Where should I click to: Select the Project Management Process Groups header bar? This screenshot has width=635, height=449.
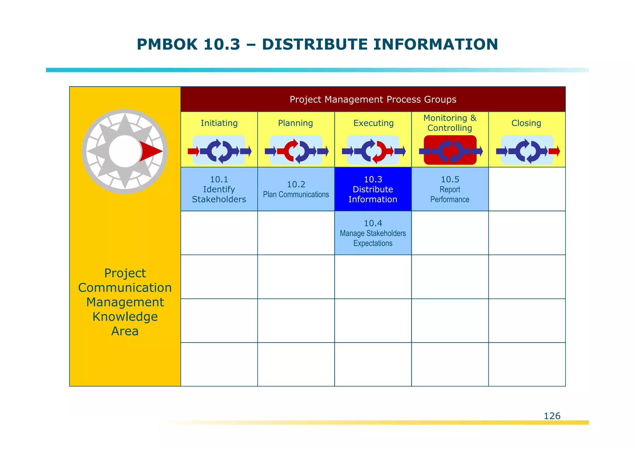pos(373,99)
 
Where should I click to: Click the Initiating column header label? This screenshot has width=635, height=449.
pos(219,123)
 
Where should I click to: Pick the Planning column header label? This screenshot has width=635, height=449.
pos(295,123)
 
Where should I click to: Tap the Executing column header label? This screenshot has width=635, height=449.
pos(373,123)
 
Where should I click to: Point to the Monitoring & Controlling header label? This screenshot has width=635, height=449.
pos(450,123)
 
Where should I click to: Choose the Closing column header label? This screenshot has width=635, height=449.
pos(526,123)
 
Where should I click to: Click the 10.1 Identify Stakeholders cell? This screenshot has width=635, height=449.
pos(219,189)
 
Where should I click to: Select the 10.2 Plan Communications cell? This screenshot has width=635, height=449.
pos(296,189)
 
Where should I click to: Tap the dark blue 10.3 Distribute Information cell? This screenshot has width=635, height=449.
pos(373,189)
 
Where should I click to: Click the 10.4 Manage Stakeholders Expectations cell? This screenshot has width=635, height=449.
pos(373,233)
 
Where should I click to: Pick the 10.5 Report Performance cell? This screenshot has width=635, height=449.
pos(450,189)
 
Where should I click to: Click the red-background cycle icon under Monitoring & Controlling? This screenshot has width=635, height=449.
pos(450,150)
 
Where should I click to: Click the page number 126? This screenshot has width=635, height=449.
pos(552,416)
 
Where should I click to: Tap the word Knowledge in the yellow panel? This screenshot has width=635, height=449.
pos(125,317)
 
